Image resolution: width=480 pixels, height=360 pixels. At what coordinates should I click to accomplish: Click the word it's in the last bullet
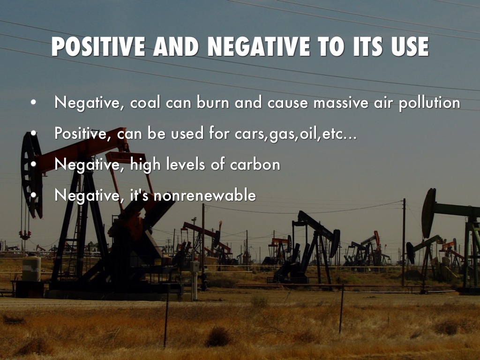tap(140, 195)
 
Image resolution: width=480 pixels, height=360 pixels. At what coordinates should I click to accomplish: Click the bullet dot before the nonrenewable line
tap(33, 195)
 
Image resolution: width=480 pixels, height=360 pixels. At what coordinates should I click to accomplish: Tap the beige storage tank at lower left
tap(31, 269)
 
